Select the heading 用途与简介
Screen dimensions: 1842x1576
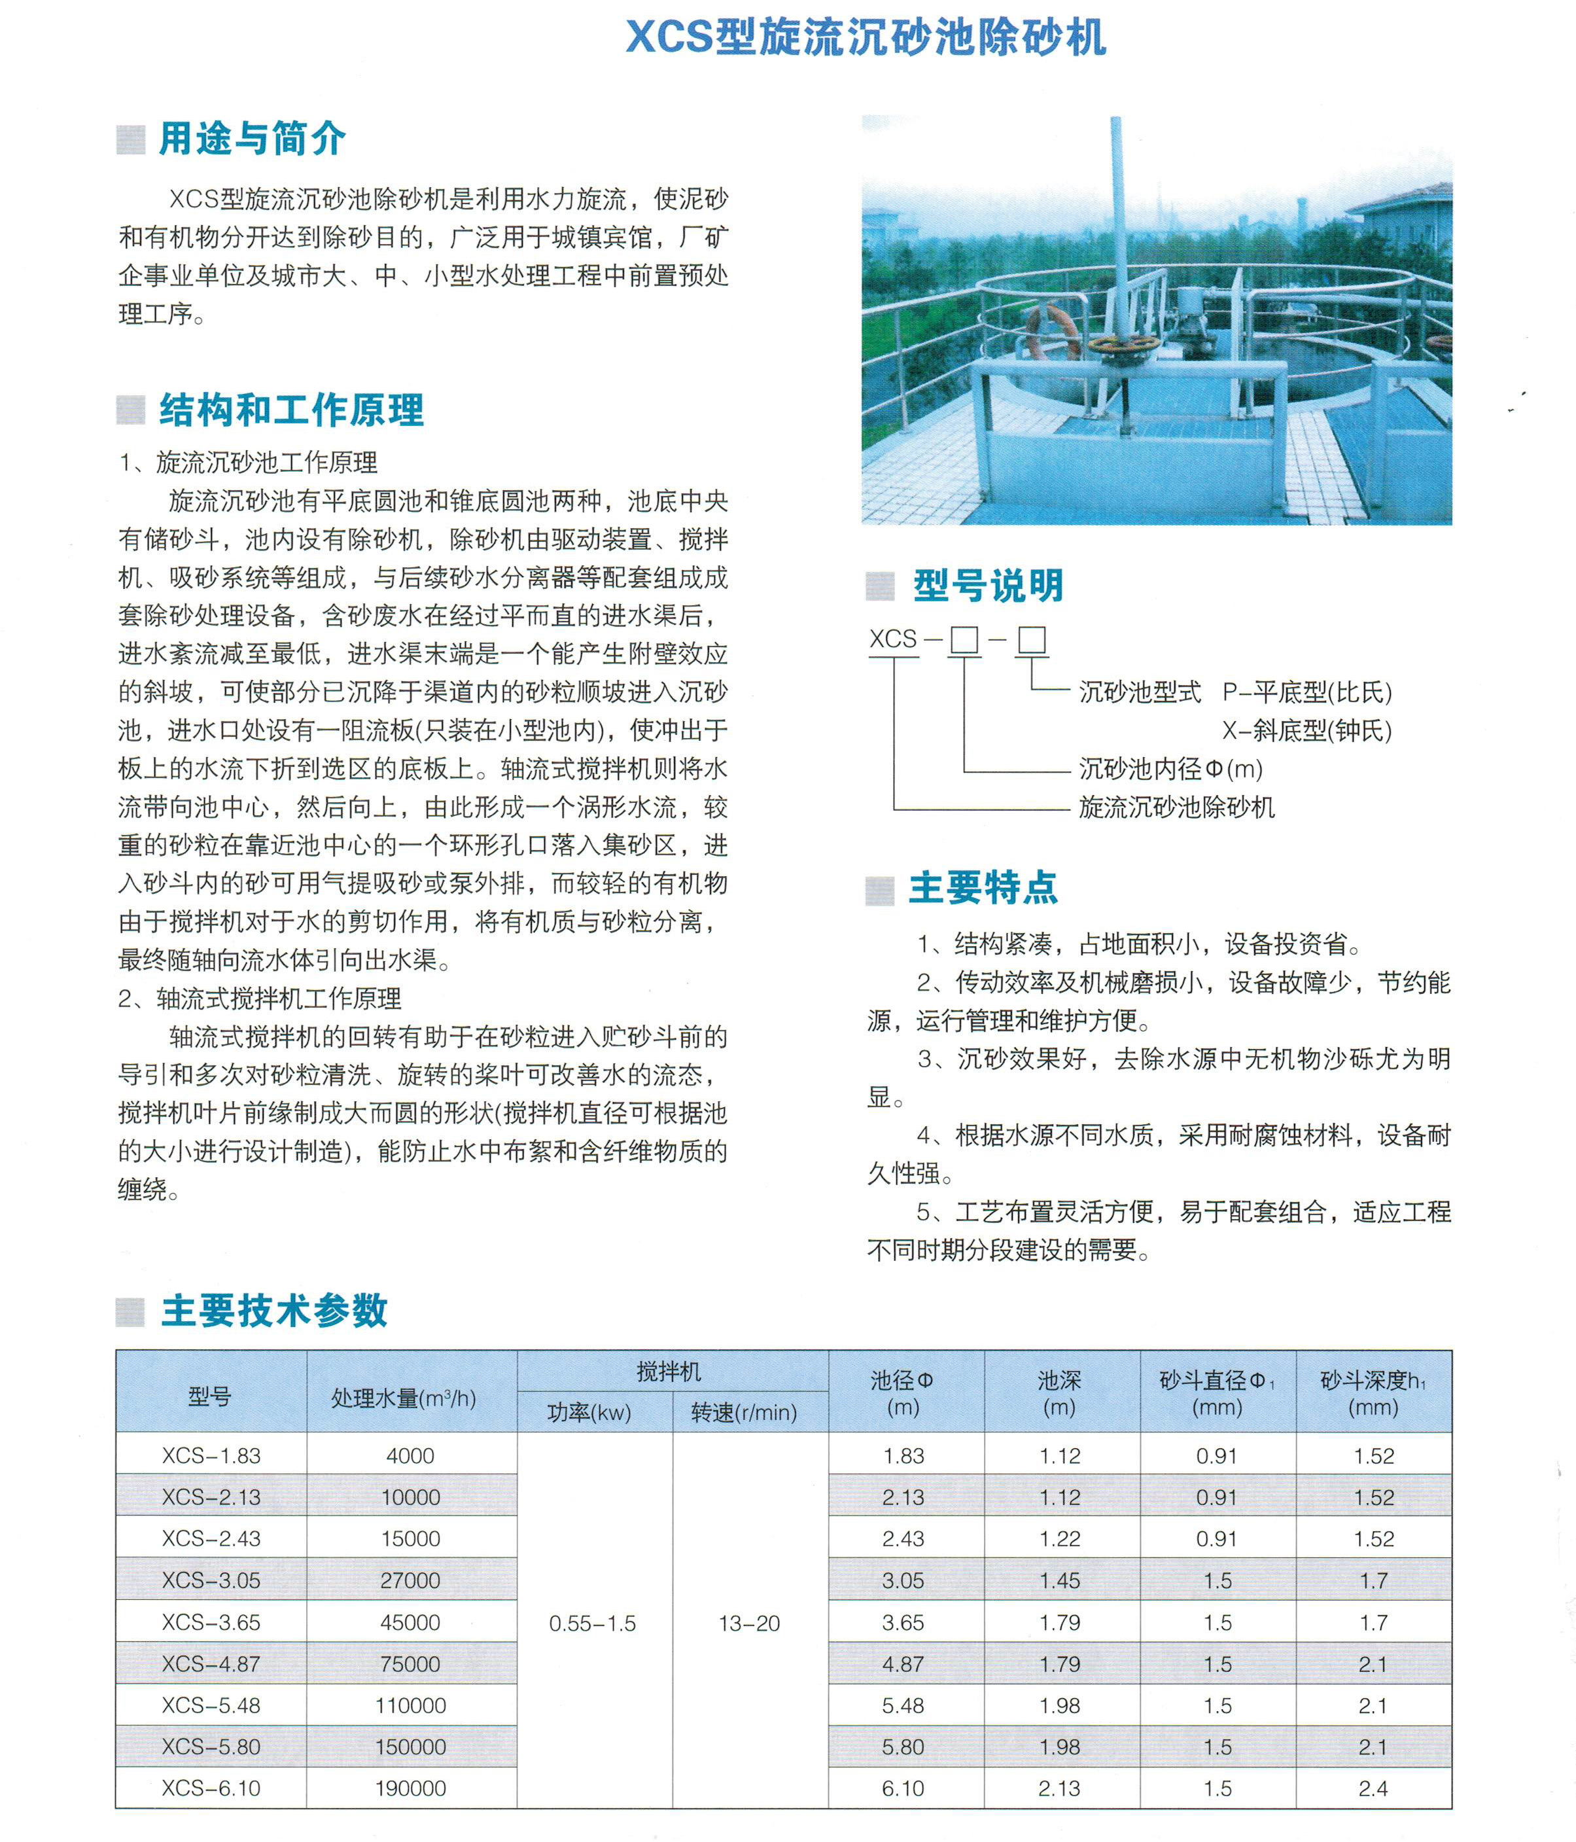tap(252, 139)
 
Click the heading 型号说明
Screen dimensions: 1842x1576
tap(988, 586)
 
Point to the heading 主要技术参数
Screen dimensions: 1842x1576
tap(273, 1311)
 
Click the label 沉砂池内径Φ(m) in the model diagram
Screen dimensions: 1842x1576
tap(1170, 769)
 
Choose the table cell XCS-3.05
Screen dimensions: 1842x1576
tap(211, 1581)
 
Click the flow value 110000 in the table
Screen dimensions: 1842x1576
tap(411, 1705)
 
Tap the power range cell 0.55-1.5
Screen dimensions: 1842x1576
tap(593, 1623)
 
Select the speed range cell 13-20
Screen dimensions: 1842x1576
tap(749, 1623)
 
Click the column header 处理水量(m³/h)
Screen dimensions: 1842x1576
tap(404, 1398)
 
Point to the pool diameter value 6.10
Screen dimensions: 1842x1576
tap(903, 1788)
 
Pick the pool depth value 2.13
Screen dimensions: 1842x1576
tap(1060, 1788)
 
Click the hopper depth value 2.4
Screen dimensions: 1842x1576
tap(1373, 1788)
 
